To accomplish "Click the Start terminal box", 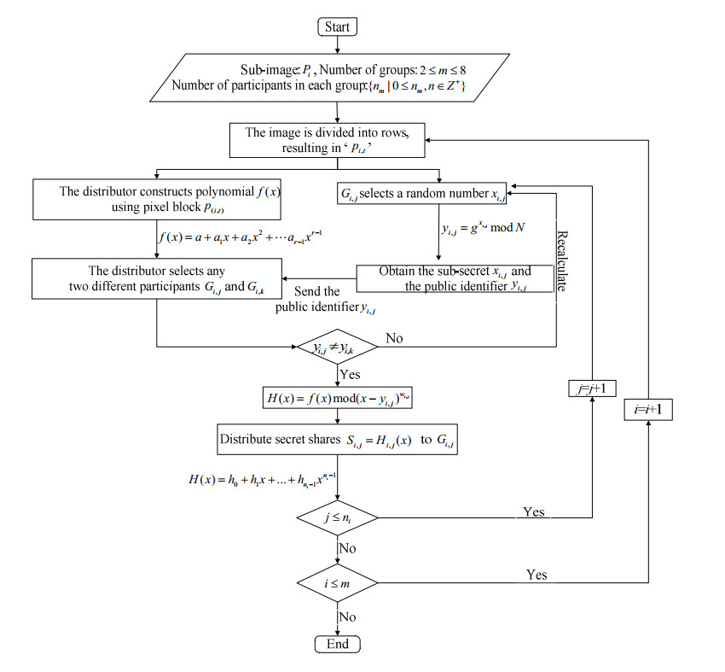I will click(x=338, y=26).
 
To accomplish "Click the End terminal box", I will click(x=338, y=644).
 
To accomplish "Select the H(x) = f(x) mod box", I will click(x=338, y=398).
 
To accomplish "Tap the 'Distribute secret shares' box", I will click(x=338, y=441).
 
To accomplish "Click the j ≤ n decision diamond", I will click(x=338, y=517).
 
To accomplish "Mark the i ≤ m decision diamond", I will click(x=338, y=585).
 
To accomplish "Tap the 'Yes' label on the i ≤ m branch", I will click(x=536, y=576).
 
